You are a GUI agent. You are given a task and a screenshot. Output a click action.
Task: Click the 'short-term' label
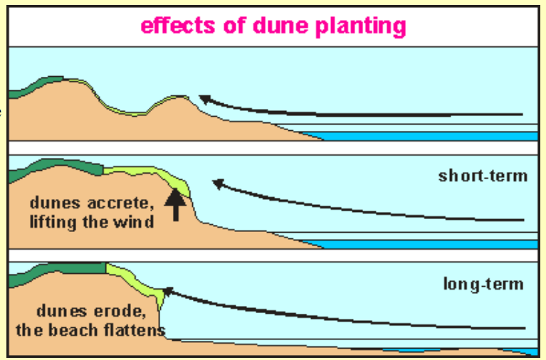coord(483,176)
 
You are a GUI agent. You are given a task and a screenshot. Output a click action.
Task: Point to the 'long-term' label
coord(483,285)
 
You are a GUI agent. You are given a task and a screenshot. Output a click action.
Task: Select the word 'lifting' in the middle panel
coord(58,222)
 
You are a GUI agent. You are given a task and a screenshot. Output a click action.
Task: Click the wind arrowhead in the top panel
coord(203,99)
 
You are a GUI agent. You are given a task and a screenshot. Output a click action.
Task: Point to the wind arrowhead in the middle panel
coord(218,184)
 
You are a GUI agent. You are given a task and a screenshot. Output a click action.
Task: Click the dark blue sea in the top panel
coord(427,135)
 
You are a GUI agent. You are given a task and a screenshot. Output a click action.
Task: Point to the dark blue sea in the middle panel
coord(427,243)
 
